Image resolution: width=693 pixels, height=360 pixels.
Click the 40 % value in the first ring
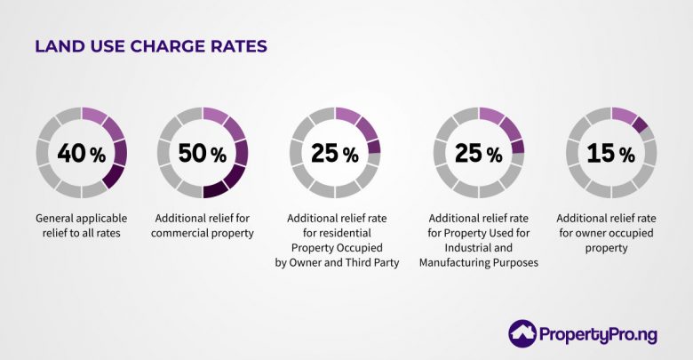point(81,153)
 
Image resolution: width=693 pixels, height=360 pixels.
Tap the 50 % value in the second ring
point(203,153)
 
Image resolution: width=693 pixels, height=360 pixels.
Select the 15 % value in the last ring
point(611,153)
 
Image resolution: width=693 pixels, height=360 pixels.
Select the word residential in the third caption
point(345,233)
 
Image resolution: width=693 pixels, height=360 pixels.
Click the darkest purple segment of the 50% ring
point(216,188)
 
